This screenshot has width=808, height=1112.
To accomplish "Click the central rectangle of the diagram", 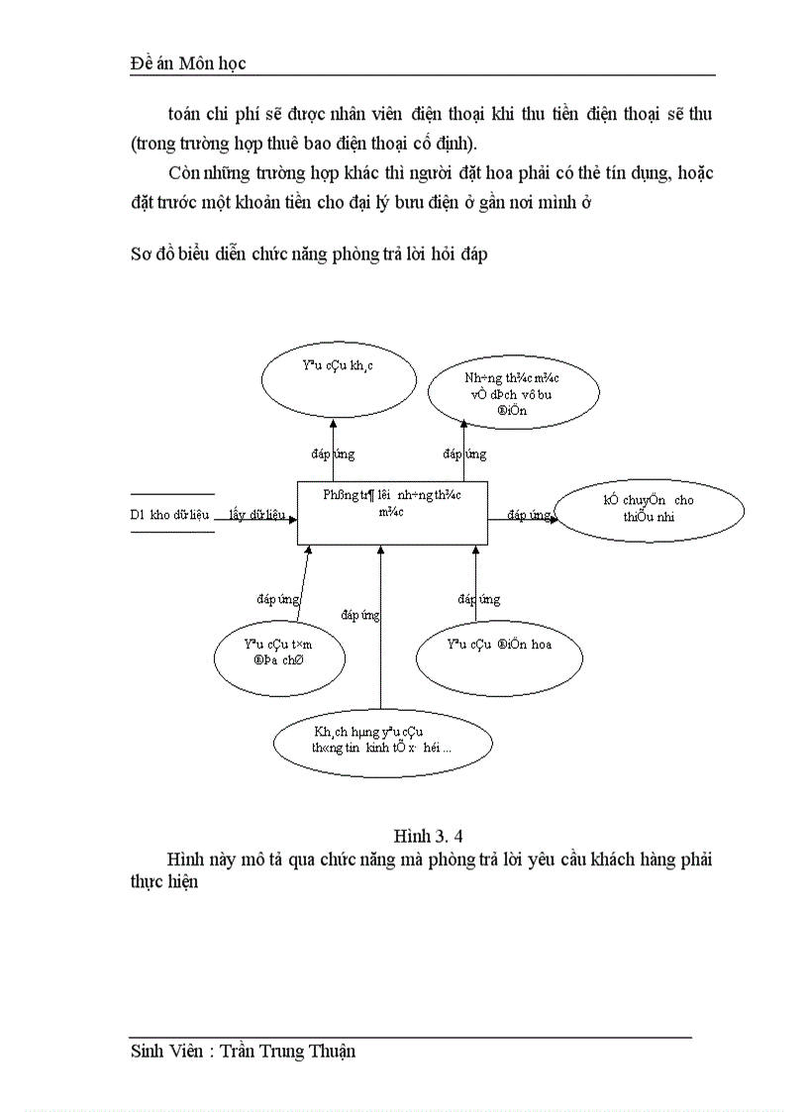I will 392,512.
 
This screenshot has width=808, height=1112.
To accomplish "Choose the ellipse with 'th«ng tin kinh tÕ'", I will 382,743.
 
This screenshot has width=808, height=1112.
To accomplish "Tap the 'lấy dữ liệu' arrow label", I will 256,515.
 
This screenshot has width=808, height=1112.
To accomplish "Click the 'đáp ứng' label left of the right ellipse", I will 530,515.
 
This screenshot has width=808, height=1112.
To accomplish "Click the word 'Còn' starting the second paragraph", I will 184,172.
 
